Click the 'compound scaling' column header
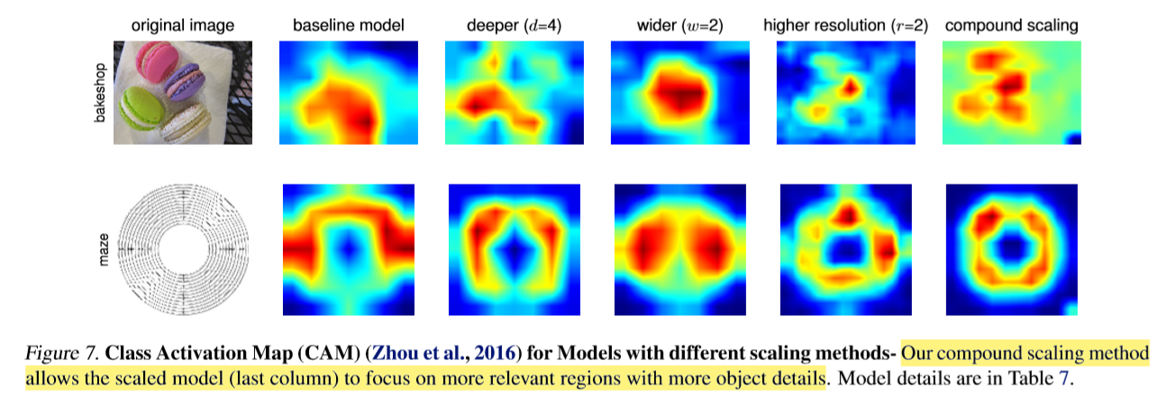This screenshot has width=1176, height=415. [x=1011, y=26]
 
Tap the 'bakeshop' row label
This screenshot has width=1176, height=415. [x=101, y=92]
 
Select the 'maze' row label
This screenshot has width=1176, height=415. [x=101, y=248]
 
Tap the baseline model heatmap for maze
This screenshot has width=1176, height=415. [x=349, y=249]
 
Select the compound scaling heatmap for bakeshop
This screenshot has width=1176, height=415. [x=1010, y=92]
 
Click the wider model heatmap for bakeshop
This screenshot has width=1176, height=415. [x=679, y=92]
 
